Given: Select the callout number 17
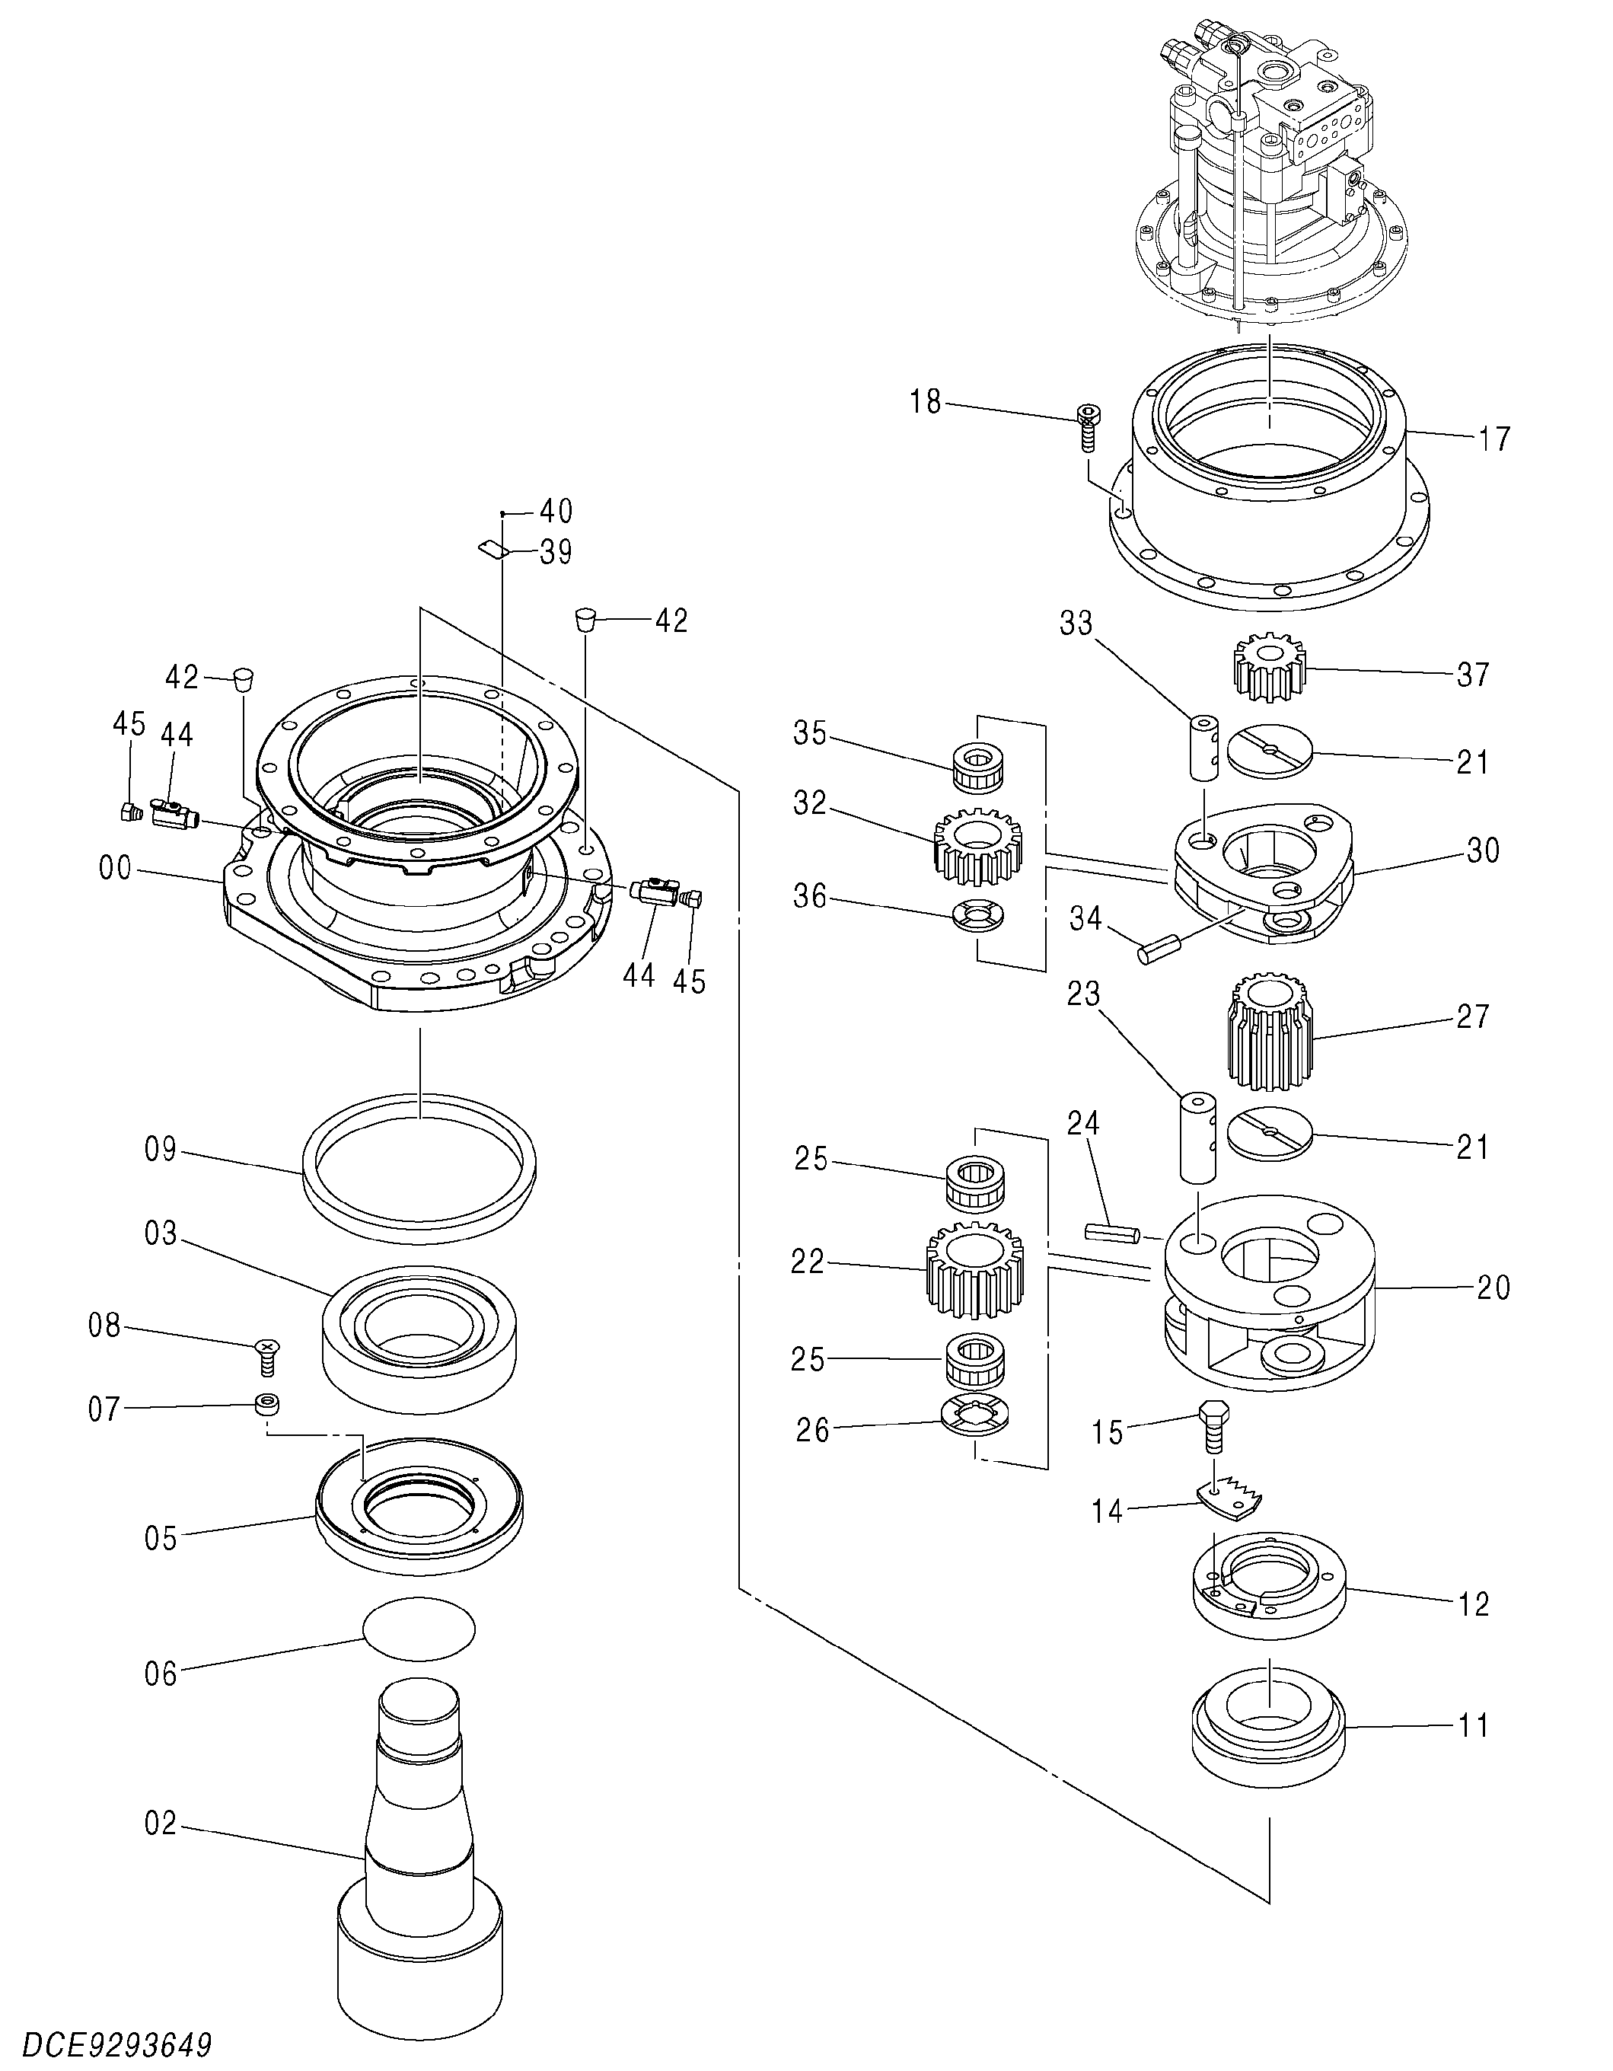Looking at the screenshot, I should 1493,439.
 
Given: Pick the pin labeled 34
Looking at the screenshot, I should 1159,948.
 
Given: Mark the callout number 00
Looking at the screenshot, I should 115,868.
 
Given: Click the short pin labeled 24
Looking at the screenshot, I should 1111,1232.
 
